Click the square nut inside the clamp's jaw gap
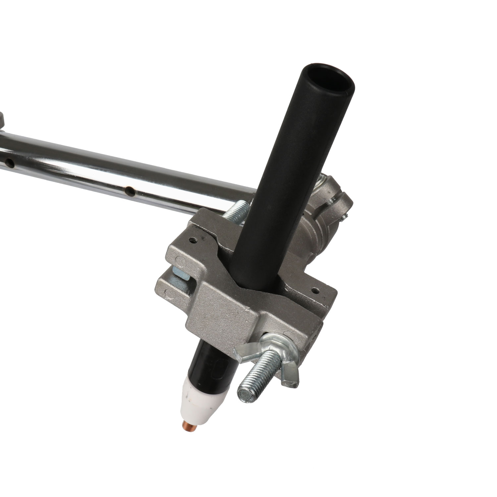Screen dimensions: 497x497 (x=181, y=273)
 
